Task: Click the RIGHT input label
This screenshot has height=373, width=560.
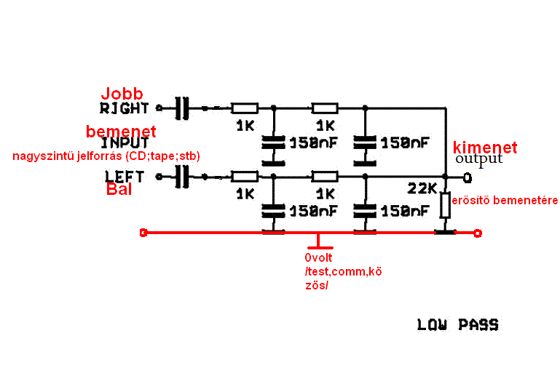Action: (124, 108)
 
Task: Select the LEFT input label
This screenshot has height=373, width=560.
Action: (125, 176)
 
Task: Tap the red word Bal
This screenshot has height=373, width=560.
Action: (121, 190)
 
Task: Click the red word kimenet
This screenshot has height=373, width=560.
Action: (485, 148)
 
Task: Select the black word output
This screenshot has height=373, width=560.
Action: (479, 159)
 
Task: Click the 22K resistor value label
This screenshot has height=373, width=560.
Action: (423, 189)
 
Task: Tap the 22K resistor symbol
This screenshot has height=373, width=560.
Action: (446, 206)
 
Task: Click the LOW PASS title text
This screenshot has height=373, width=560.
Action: (458, 325)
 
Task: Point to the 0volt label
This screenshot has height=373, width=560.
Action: (318, 257)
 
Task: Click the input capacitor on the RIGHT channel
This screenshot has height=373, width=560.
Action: (182, 108)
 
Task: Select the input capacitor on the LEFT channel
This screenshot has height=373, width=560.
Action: (182, 176)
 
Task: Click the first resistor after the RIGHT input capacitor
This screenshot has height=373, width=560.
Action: (245, 108)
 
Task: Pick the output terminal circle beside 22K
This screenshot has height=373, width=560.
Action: (467, 177)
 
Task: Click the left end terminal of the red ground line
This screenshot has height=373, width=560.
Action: (143, 233)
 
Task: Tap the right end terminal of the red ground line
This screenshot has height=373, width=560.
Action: (477, 233)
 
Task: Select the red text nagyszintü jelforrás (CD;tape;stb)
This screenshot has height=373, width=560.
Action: (105, 156)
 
